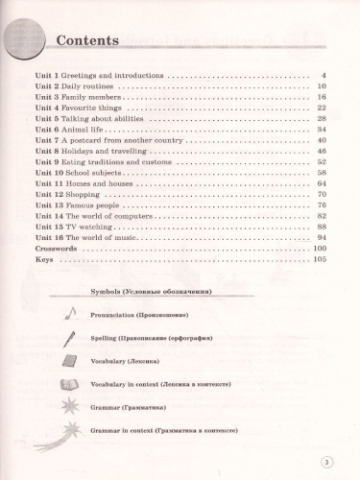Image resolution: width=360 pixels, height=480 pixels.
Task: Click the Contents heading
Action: point(86,41)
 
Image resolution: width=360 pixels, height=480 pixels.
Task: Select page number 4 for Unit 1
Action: point(325,75)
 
